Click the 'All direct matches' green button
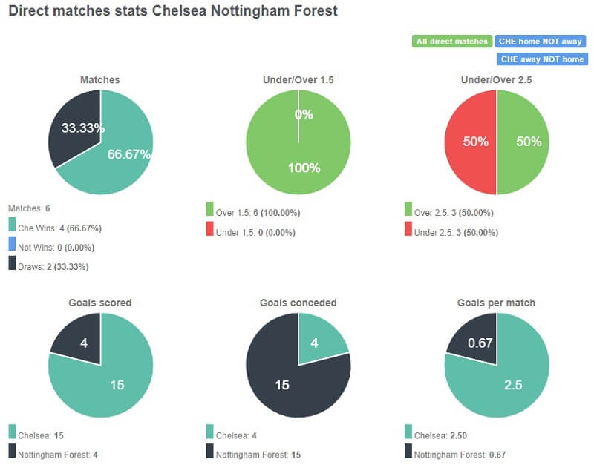tap(451, 42)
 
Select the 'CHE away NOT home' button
tap(541, 59)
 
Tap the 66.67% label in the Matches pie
tap(129, 154)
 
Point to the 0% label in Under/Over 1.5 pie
tap(304, 115)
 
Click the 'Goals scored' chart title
tap(100, 303)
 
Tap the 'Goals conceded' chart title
tap(298, 303)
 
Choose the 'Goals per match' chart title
tap(497, 303)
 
